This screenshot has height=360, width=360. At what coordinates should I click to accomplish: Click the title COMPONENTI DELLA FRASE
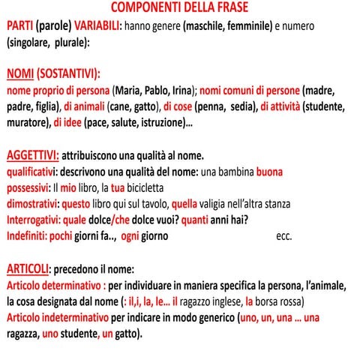pyautogui.click(x=179, y=7)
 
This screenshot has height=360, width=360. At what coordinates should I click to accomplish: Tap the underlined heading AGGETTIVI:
pyautogui.click(x=32, y=155)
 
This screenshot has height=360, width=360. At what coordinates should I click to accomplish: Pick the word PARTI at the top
pyautogui.click(x=20, y=25)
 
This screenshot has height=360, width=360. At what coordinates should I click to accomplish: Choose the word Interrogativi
pyautogui.click(x=34, y=220)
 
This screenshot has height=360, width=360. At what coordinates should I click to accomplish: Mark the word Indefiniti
pyautogui.click(x=29, y=236)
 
